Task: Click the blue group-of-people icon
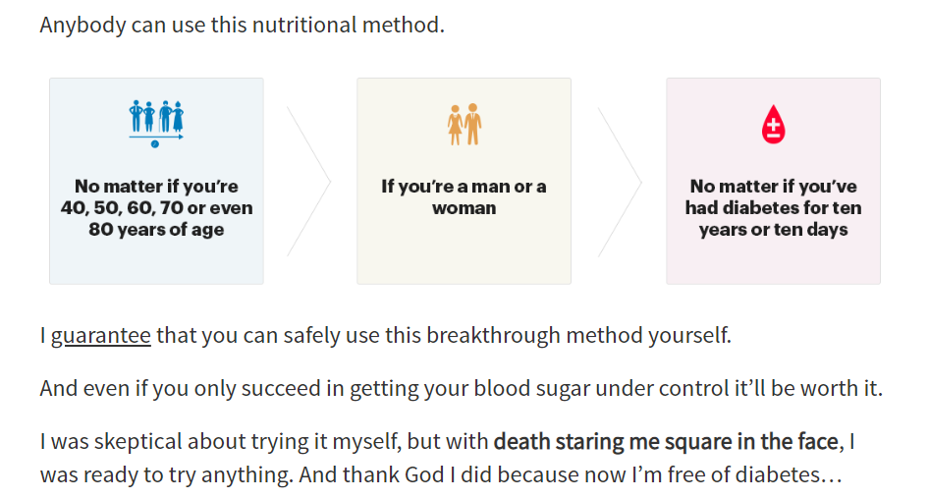tap(156, 123)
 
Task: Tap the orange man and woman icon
tap(464, 125)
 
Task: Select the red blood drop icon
tap(773, 125)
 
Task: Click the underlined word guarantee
tap(101, 336)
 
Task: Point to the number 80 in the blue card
tap(101, 229)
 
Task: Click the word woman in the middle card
tap(464, 208)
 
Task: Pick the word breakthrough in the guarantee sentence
tap(493, 335)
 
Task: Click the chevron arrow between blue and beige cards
tap(308, 182)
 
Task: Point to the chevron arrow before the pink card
tap(620, 182)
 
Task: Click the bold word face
tap(818, 441)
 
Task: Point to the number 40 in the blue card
tap(74, 208)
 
